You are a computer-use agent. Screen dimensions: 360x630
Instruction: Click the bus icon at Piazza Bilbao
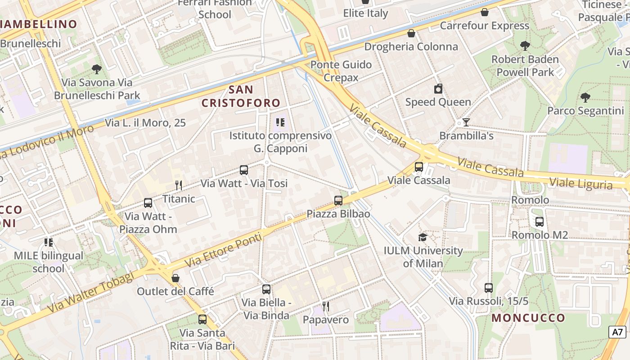[338, 201]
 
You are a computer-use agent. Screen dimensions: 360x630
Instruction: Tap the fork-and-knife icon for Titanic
[179, 185]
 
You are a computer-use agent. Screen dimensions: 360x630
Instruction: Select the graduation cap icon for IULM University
[423, 237]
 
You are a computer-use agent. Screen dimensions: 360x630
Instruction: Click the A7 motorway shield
[617, 332]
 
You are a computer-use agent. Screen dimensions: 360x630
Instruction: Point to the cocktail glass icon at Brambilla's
[466, 122]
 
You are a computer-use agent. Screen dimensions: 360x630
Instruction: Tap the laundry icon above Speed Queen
[438, 89]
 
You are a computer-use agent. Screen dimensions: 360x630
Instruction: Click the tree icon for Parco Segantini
[585, 97]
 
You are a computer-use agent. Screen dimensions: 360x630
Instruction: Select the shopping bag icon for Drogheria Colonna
[411, 33]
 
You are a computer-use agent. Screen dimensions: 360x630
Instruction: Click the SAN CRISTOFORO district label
[241, 96]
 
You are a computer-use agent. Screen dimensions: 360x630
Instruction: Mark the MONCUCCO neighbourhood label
[528, 318]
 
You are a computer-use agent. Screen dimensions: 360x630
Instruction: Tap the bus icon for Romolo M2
[540, 221]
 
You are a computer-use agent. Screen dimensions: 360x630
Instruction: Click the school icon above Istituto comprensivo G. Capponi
[280, 122]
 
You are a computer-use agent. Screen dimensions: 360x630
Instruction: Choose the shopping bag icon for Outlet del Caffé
[175, 278]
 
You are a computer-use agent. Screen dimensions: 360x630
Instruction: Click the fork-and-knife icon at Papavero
[326, 306]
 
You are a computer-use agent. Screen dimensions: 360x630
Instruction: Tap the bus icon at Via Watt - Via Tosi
[244, 170]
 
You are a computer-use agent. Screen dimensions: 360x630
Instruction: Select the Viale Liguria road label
[581, 184]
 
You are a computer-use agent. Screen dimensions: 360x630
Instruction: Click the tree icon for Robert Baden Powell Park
[525, 45]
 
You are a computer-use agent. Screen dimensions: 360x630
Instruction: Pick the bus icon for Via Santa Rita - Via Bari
[202, 319]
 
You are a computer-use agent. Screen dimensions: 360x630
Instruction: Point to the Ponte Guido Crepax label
[341, 71]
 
